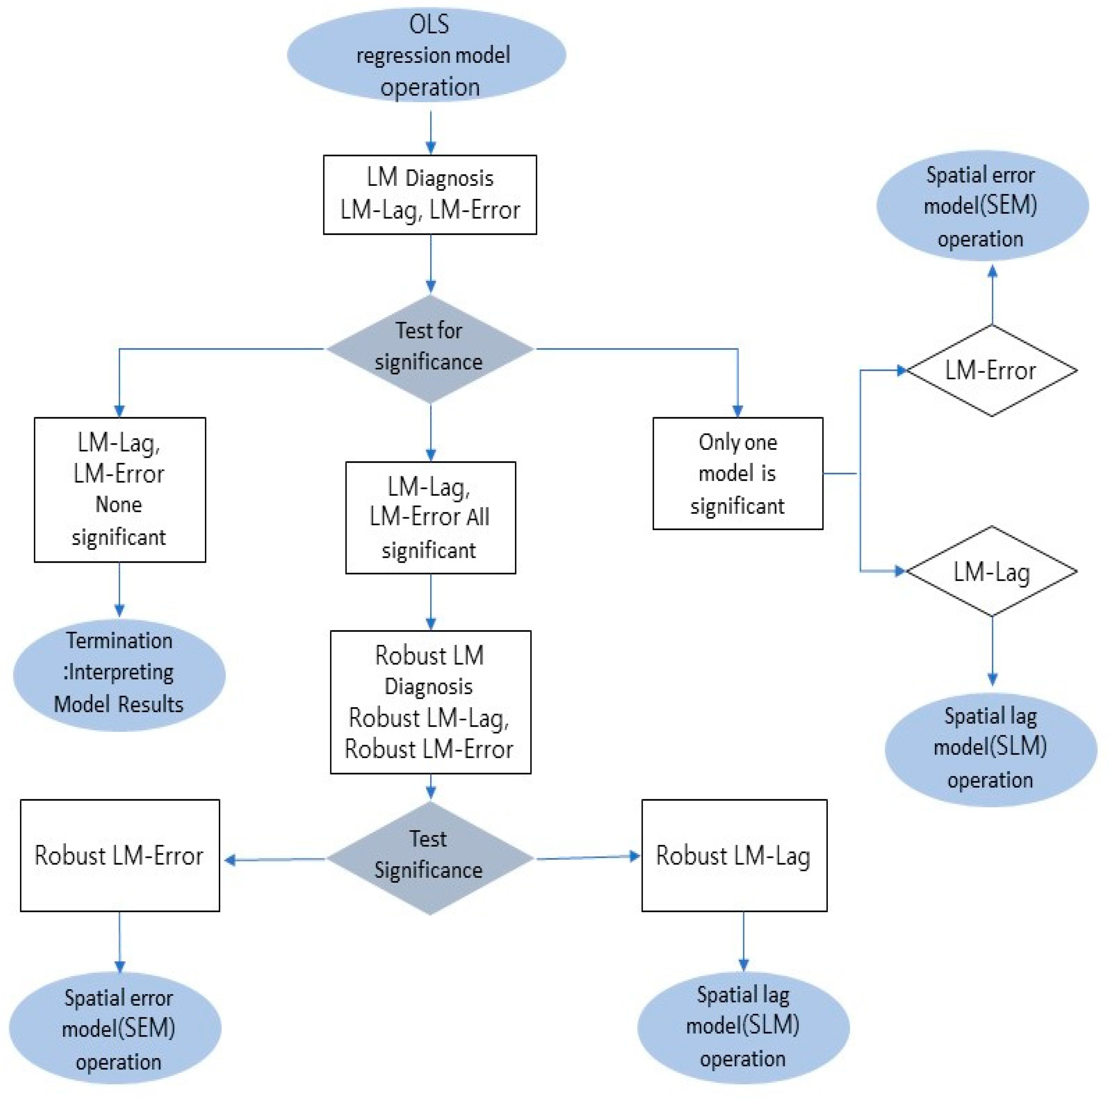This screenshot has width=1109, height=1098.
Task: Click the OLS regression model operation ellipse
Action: (x=426, y=55)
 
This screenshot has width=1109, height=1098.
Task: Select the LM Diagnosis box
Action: (x=430, y=195)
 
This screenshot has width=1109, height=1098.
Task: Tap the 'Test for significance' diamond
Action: (x=430, y=348)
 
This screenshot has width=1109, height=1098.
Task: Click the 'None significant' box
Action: (x=120, y=490)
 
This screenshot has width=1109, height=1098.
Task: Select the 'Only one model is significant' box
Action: (x=738, y=474)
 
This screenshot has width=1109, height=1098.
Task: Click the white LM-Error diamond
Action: (x=991, y=370)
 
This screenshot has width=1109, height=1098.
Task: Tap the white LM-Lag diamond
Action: (x=991, y=572)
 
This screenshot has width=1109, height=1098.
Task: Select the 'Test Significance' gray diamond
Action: (x=430, y=858)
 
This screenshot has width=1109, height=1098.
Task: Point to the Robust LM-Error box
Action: (x=120, y=855)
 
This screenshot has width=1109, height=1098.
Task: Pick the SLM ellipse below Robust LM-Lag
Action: (x=743, y=1028)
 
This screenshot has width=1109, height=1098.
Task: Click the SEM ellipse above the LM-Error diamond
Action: (x=982, y=206)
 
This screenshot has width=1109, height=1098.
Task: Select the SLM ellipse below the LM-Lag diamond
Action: (x=991, y=749)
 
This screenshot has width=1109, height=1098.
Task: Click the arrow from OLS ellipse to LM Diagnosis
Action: (x=431, y=132)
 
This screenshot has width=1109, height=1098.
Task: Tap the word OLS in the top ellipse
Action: (x=429, y=25)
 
